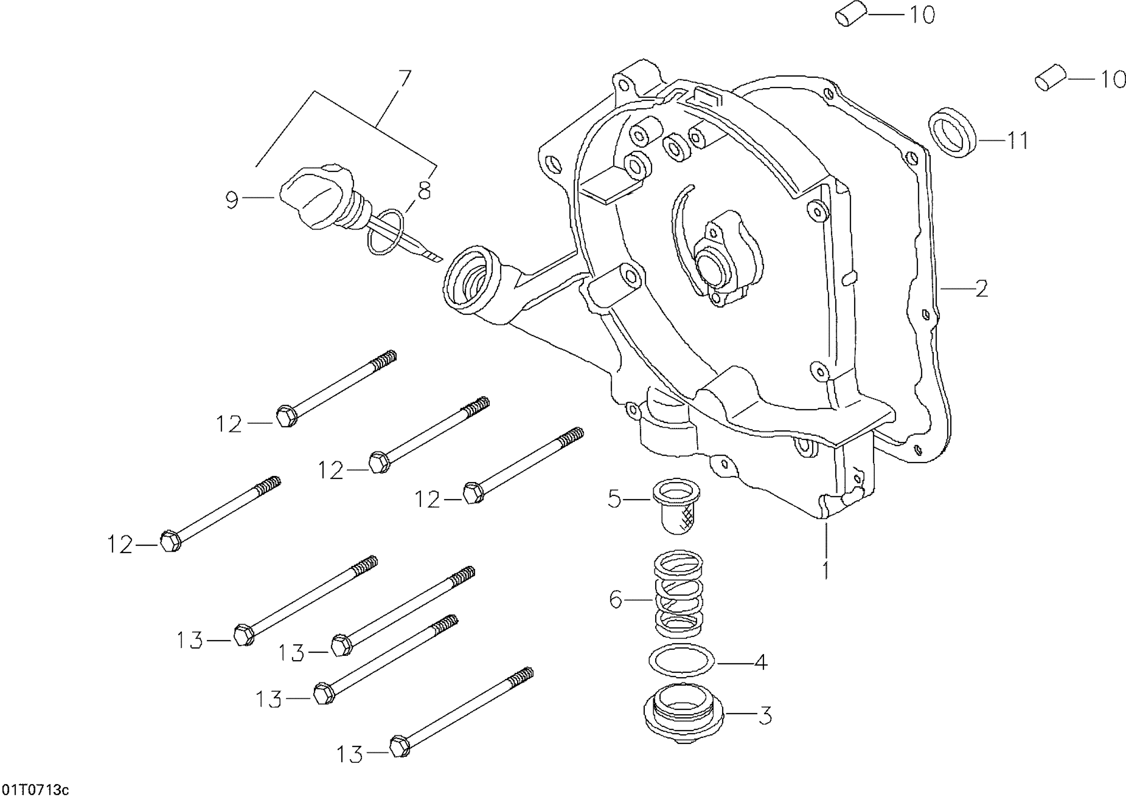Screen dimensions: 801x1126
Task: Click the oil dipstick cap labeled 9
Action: tap(316, 196)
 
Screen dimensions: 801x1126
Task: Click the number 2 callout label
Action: tap(981, 288)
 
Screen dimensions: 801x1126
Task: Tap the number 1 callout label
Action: tap(826, 569)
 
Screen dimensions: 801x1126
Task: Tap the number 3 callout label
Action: tap(764, 716)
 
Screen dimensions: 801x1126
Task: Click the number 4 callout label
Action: tap(760, 662)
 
